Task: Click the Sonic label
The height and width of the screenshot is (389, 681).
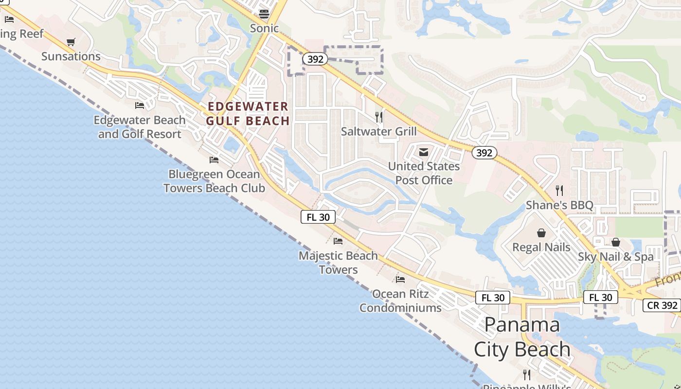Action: pos(264,28)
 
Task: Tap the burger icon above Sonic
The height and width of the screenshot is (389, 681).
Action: pos(264,13)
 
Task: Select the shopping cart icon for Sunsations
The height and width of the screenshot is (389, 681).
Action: pos(71,42)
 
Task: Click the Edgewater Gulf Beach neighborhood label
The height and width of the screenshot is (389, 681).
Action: pos(248,113)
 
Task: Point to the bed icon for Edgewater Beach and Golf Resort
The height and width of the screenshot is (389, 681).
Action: pos(140,106)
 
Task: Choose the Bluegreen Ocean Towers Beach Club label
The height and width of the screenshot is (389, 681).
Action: pos(214,181)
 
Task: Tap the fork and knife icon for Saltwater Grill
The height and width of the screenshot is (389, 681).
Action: pos(379,117)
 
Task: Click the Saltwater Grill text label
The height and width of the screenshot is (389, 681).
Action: pos(379,131)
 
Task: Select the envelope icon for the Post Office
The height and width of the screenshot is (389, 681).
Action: pos(424,152)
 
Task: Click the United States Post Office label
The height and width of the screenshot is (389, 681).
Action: pos(424,173)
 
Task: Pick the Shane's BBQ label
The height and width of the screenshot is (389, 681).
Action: pos(559,205)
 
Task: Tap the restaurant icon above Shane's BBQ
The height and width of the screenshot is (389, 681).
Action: pos(559,191)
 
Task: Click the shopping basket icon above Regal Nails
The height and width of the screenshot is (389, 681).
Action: pos(541,233)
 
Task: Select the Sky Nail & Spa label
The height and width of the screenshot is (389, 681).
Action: pos(616,257)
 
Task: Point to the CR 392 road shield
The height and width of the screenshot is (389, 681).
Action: pos(662,305)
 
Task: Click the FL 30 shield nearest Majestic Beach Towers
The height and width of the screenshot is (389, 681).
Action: pos(318,217)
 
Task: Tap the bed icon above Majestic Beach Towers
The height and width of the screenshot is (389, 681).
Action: pos(338,241)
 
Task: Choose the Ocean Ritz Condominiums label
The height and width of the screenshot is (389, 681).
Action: pos(401,301)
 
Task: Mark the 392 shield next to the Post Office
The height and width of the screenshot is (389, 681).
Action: pos(484,153)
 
